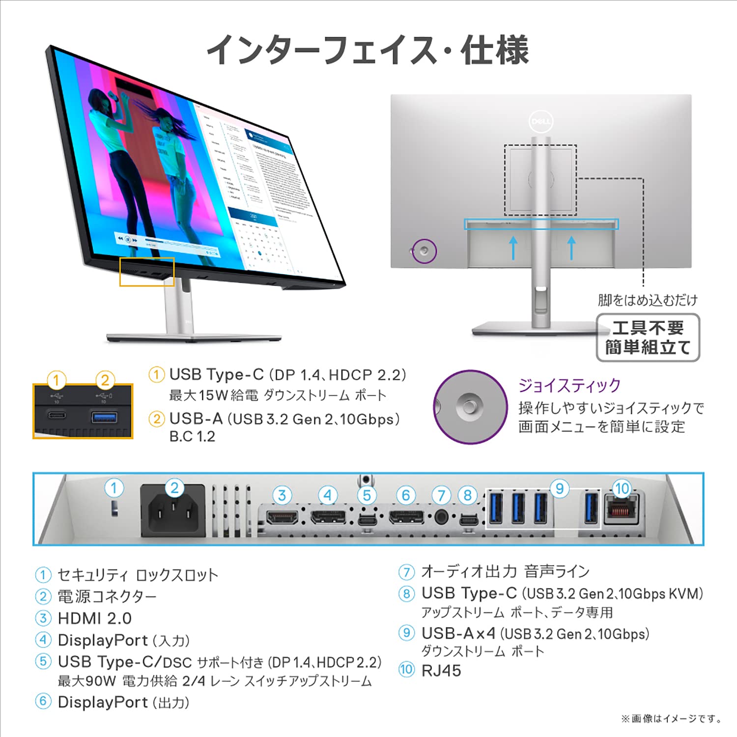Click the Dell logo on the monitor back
[541, 121]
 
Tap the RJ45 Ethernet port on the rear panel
[622, 511]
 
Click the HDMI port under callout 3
[282, 517]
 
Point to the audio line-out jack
[441, 517]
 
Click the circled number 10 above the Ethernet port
[622, 488]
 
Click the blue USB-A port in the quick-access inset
[104, 418]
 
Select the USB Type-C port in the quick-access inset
[57, 416]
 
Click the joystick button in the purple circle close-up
[470, 406]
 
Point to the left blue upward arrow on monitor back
[513, 248]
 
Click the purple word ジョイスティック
[569, 386]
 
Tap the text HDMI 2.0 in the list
[94, 618]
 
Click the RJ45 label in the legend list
[441, 671]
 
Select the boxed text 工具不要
[648, 328]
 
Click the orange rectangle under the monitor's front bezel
[147, 272]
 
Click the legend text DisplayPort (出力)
[123, 702]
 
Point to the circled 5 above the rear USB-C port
[367, 496]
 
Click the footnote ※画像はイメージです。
[672, 719]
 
